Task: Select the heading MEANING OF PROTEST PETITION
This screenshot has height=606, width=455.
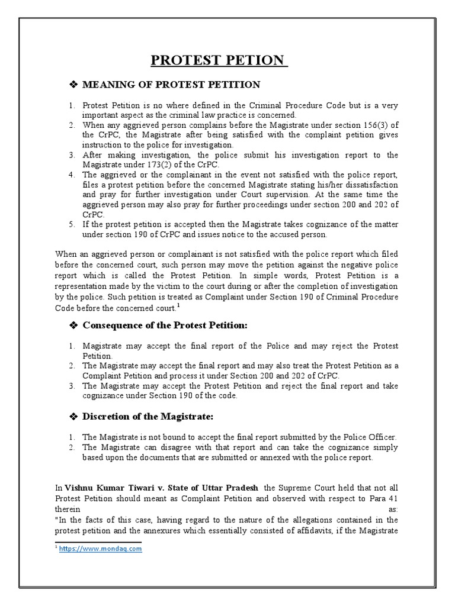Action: [171, 85]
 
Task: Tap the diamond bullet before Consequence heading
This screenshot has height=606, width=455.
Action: [74, 325]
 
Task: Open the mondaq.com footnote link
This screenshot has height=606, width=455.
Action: [101, 549]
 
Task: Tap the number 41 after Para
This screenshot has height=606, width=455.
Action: [392, 498]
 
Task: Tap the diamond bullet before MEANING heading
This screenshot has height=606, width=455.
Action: [74, 85]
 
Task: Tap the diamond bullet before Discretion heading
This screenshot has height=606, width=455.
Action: [74, 417]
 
